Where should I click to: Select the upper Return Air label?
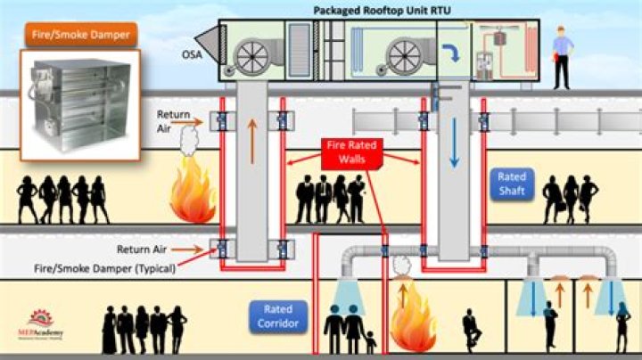tap(173, 119)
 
